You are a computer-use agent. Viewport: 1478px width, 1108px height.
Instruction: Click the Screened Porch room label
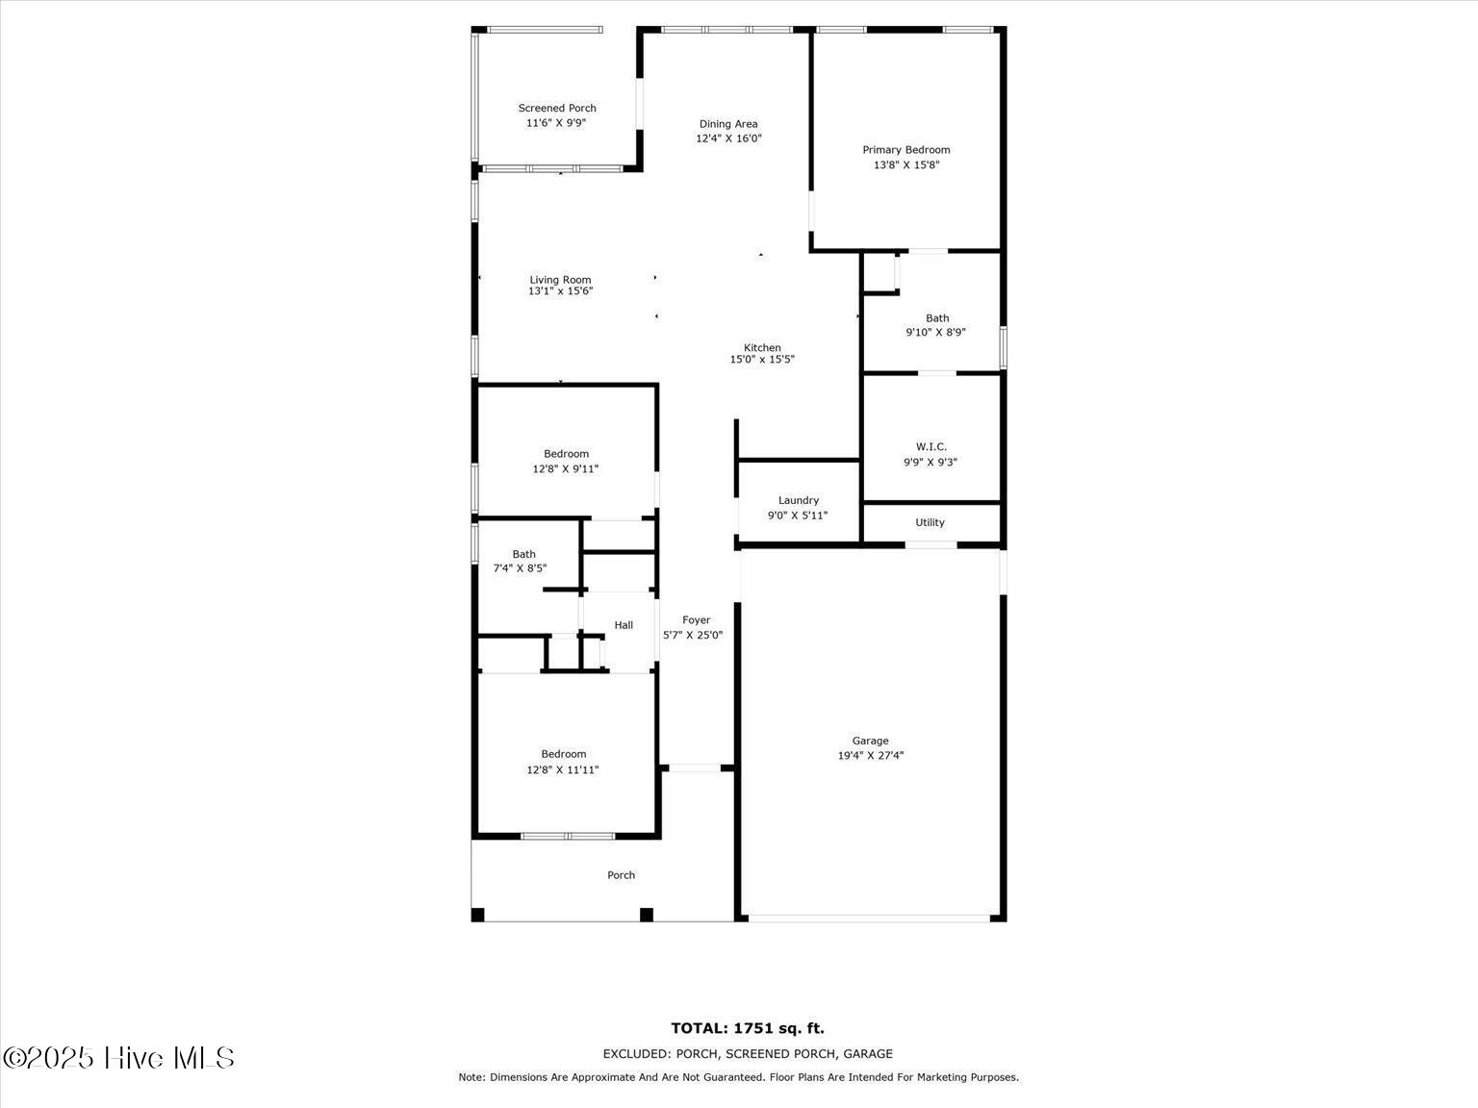pos(557,109)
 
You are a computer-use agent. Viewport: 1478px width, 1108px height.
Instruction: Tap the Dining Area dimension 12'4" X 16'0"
pos(728,138)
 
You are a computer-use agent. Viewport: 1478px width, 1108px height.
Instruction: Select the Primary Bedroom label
pos(906,150)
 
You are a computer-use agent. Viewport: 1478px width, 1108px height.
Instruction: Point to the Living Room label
pos(560,280)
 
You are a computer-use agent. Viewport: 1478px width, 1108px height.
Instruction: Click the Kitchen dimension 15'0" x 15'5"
pos(762,360)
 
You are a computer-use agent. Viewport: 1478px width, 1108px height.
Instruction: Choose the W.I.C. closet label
pos(931,446)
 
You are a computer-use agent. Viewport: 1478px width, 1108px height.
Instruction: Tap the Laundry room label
pos(799,500)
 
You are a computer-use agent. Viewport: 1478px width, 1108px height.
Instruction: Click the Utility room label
pos(930,522)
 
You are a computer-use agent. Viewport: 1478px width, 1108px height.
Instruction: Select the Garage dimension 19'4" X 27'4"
pos(871,755)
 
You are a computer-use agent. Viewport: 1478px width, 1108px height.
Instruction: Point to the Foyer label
pos(697,620)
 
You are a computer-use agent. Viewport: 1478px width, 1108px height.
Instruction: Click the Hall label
pos(624,625)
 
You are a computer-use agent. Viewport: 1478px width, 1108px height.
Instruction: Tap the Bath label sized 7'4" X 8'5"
pos(523,554)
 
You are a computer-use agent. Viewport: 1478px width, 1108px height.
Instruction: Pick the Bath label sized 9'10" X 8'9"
pos(937,318)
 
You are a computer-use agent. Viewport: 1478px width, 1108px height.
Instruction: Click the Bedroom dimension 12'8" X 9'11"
pos(566,469)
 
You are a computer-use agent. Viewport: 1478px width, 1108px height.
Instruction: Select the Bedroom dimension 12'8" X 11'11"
pos(563,769)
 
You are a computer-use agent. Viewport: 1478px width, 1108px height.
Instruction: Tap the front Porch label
pos(621,875)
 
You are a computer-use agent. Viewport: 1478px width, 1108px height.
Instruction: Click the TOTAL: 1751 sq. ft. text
pos(748,1028)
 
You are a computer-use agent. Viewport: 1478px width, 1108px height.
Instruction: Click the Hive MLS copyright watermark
pos(118,1058)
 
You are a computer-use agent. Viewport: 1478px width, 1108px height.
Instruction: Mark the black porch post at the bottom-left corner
pos(477,915)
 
